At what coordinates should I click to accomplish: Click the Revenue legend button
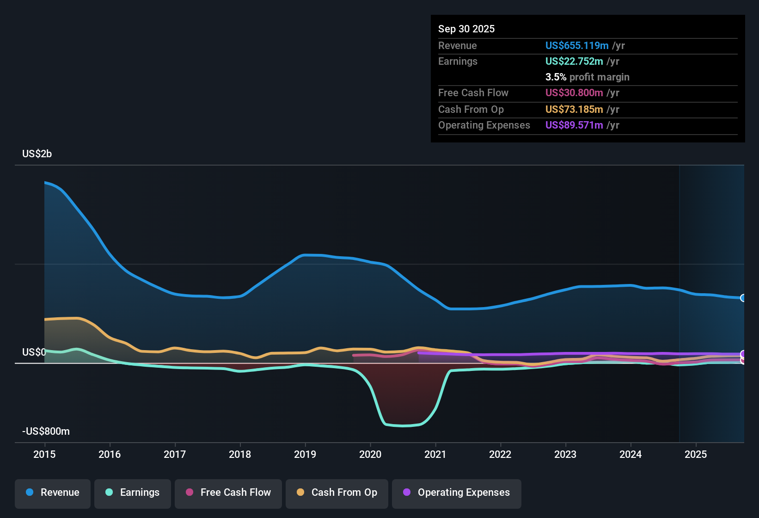53,493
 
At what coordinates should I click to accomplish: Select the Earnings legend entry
133,493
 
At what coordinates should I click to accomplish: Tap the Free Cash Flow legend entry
228,493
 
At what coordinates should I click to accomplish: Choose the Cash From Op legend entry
337,493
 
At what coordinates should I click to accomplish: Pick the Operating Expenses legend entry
457,493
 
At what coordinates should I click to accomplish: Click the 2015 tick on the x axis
44,454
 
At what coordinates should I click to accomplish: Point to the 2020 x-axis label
370,454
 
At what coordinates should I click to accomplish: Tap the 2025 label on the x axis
696,454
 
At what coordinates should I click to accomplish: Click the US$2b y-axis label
37,154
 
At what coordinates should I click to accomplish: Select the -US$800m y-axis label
46,432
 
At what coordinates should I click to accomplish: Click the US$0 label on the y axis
34,352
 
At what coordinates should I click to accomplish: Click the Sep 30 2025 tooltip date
466,29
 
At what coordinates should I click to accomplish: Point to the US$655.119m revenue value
576,46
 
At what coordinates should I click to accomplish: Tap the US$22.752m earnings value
574,62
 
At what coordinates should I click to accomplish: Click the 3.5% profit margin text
587,77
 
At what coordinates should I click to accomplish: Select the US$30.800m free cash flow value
574,93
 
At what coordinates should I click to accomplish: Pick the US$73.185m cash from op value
574,110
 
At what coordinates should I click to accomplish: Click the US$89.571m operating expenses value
574,125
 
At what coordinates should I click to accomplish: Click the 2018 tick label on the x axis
240,454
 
